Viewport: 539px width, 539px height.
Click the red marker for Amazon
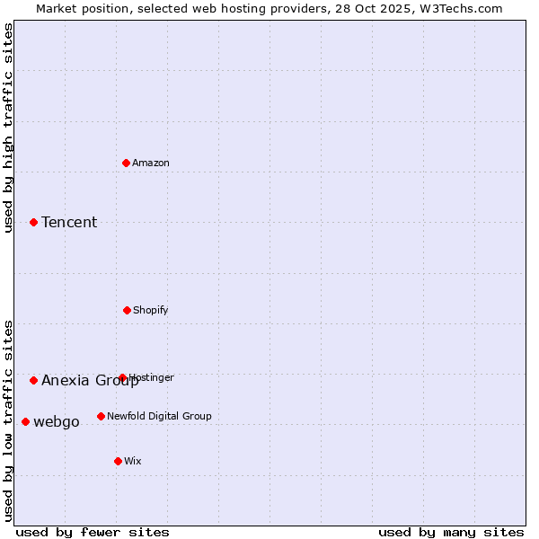tap(127, 163)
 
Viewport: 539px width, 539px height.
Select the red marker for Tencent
tap(33, 222)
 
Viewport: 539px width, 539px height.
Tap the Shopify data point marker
tap(127, 310)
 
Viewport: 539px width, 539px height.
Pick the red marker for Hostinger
tap(122, 377)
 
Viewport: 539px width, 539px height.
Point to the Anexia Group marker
tap(33, 380)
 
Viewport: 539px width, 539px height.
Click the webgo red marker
tap(25, 421)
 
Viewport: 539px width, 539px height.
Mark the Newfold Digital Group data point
tap(101, 416)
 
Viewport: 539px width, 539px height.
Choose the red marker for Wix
tap(118, 461)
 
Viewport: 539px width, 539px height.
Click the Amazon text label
tap(151, 163)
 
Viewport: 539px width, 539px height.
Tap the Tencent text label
tap(69, 223)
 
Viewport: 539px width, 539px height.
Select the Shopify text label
tap(151, 310)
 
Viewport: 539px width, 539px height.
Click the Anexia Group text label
tap(90, 381)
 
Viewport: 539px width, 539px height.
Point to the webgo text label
tap(57, 422)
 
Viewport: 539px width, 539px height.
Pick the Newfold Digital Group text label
tap(159, 416)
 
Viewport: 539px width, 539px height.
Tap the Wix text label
tap(133, 461)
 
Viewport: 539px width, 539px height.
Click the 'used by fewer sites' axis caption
tap(93, 532)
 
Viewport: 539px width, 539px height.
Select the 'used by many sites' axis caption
tap(451, 532)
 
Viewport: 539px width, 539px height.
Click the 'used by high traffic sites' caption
tap(8, 128)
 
